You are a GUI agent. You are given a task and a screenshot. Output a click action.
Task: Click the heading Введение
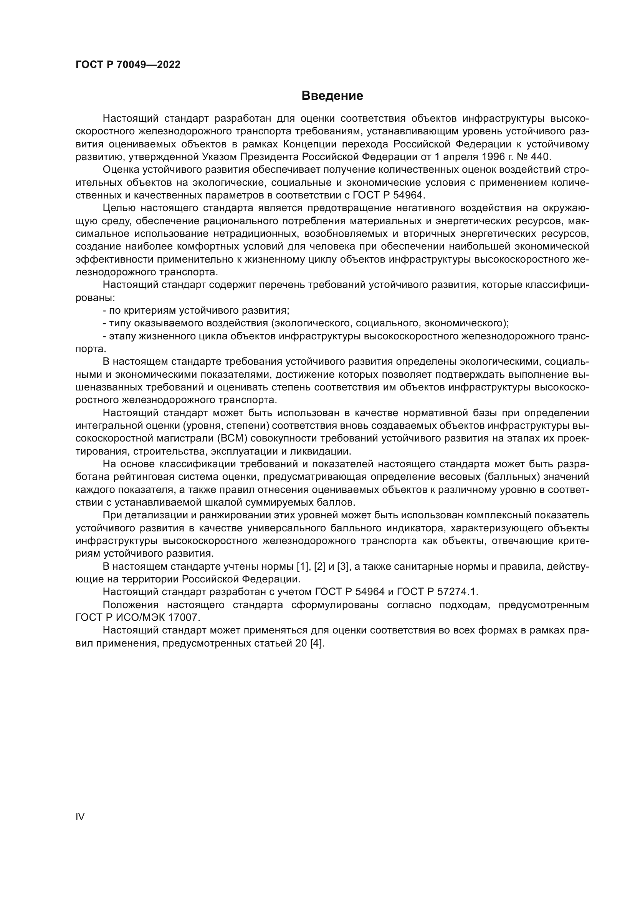coord(332,96)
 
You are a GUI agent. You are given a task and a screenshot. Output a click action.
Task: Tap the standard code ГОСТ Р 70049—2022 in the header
coord(128,65)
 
